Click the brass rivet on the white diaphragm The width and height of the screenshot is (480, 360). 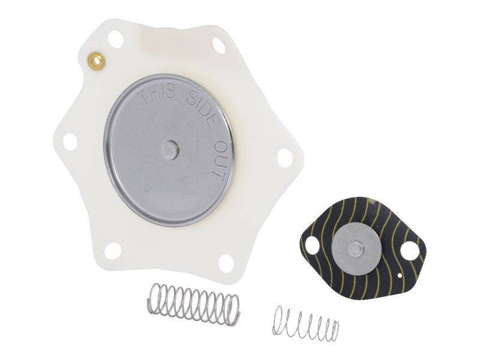coord(94,59)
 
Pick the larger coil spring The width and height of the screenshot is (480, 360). coord(193,302)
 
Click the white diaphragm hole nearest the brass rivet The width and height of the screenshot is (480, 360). coord(116,40)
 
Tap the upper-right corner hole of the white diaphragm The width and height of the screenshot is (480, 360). coord(219,45)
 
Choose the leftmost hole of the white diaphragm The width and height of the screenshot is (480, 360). coord(70,142)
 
